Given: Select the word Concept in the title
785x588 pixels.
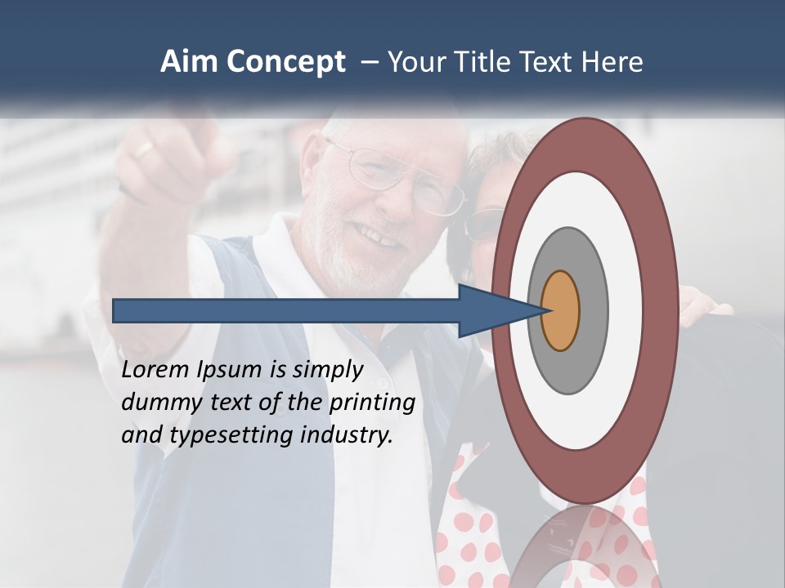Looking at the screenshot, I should [285, 62].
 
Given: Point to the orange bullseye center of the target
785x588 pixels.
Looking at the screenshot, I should [561, 310].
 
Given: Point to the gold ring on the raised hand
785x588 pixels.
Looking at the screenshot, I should [144, 149].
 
